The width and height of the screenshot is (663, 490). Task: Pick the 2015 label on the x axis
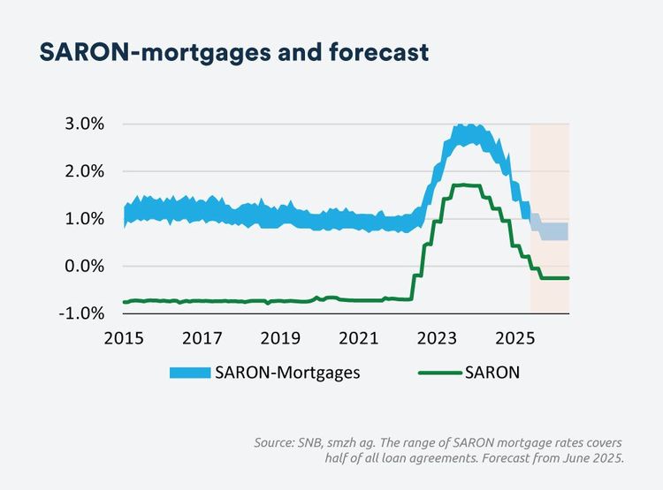click(124, 337)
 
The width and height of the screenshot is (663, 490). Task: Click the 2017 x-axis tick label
click(202, 337)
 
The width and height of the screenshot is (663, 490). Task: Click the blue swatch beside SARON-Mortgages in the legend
click(190, 373)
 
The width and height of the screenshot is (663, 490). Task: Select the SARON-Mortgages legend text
click(286, 373)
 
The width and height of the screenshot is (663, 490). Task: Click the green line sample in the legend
click(439, 373)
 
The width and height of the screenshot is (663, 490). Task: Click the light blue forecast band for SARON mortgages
click(552, 231)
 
